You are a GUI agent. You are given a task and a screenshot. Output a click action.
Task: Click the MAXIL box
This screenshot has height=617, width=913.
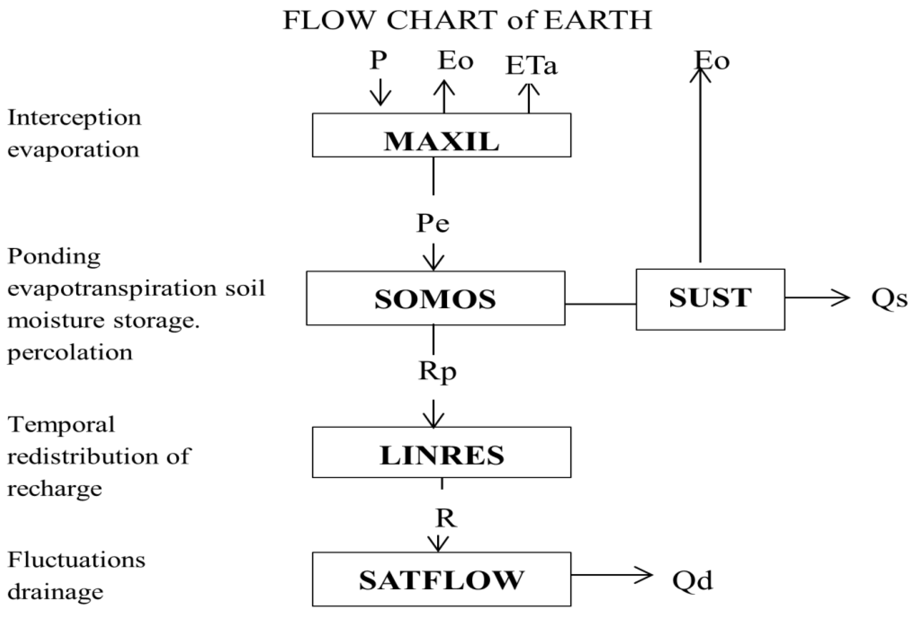[x=441, y=135]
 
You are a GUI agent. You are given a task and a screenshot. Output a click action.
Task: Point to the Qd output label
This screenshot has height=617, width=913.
[x=692, y=580]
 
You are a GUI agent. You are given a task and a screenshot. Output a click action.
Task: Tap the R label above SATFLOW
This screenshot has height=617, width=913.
[x=445, y=519]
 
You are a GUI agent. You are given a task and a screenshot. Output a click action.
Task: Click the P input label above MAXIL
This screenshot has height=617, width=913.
[x=378, y=61]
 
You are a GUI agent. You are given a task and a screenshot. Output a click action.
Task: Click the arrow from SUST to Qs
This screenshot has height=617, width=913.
[x=817, y=298]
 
